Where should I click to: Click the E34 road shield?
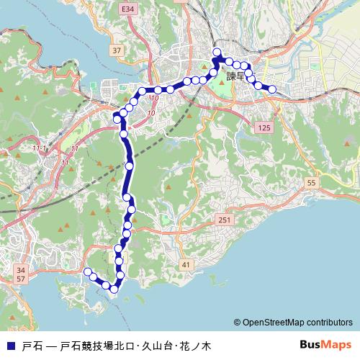tap(128, 9)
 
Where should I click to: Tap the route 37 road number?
tap(117, 50)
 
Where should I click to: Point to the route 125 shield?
tap(264, 127)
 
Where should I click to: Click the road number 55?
tap(311, 184)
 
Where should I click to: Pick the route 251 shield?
tap(225, 220)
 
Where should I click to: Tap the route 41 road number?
tap(186, 266)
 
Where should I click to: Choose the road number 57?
tap(20, 278)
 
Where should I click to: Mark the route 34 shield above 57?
tap(20, 270)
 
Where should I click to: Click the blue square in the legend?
tap(10, 345)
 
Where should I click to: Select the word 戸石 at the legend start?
tap(32, 345)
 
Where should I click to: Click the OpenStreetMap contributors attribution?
tap(293, 323)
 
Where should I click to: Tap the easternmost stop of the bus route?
tap(272, 89)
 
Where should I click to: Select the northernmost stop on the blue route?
tap(216, 51)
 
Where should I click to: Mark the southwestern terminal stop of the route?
tap(88, 271)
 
